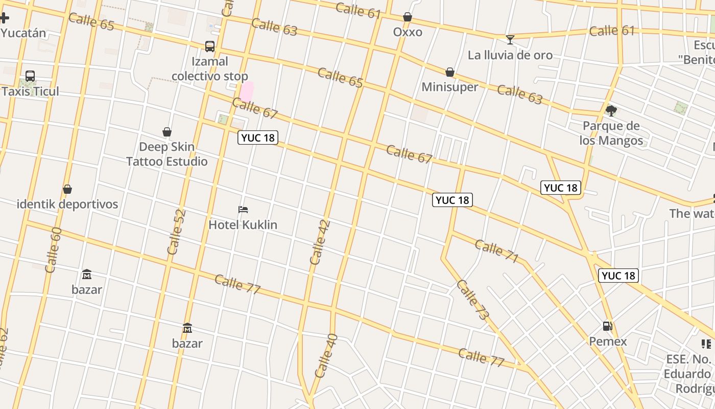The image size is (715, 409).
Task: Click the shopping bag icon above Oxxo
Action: coord(407,17)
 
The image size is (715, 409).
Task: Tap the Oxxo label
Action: coord(408,32)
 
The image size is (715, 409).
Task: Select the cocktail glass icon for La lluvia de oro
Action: coord(510,39)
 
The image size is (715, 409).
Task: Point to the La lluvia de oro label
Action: coord(510,55)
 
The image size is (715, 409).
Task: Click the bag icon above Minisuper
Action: coord(450,72)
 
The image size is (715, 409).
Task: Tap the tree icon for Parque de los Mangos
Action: coord(611,110)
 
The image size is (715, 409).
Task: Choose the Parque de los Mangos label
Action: coord(611,133)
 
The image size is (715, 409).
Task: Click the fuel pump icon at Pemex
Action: coord(608,326)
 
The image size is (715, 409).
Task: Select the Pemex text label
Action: coord(608,341)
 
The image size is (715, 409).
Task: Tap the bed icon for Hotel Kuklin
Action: coord(243,210)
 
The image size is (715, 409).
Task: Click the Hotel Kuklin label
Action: coord(243,224)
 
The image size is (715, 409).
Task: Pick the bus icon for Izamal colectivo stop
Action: coord(209,47)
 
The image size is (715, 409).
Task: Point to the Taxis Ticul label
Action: coord(31,92)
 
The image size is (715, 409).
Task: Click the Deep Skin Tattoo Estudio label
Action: coord(167,154)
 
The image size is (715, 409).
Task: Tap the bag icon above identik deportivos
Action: coord(67,190)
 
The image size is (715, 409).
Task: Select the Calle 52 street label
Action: coord(176,232)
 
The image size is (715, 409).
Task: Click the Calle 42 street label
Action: coord(320,242)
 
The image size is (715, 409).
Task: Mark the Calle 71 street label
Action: coord(496,251)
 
